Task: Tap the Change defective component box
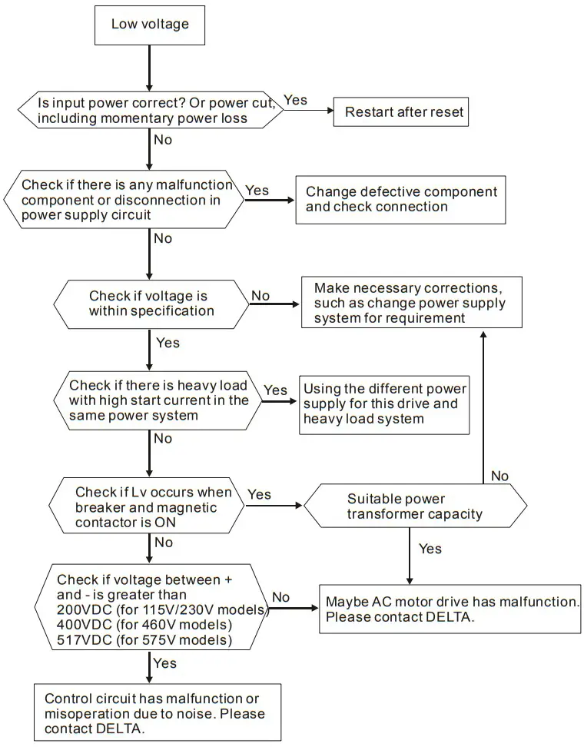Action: tap(401, 199)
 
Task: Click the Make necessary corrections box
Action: tap(410, 303)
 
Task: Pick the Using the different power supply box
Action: tap(384, 404)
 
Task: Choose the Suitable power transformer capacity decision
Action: tap(416, 506)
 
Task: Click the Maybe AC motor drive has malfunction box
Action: tap(450, 609)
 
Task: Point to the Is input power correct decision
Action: tap(150, 110)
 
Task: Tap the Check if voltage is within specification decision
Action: tap(151, 304)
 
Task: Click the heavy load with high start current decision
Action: tap(158, 400)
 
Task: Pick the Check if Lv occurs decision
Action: tap(147, 507)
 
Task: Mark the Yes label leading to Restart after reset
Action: tap(295, 101)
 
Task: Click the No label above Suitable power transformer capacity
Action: tap(499, 476)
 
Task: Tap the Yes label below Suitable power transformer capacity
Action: tap(430, 549)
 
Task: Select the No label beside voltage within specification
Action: tap(260, 296)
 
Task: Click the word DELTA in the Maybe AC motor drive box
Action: tap(443, 617)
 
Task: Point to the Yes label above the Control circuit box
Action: tap(164, 663)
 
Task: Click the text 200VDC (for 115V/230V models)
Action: tap(162, 610)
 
